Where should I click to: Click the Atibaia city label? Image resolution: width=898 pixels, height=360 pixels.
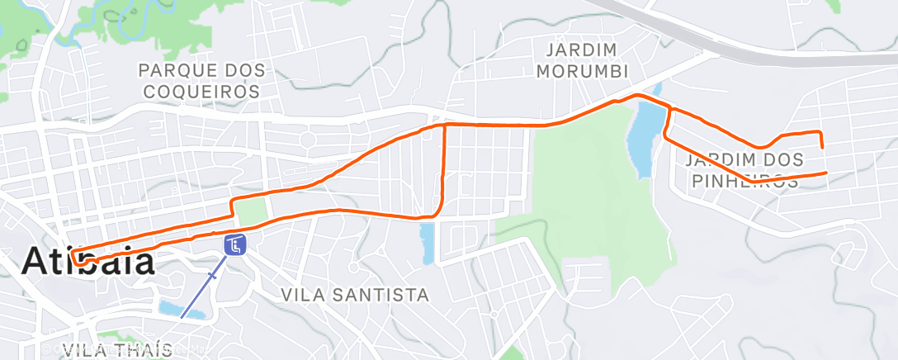pyautogui.click(x=88, y=262)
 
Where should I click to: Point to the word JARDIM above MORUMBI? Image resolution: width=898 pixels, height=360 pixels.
pyautogui.click(x=570, y=49)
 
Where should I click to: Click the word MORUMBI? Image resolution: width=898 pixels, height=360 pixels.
pyautogui.click(x=583, y=70)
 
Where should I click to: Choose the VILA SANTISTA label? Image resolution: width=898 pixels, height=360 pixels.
pyautogui.click(x=355, y=295)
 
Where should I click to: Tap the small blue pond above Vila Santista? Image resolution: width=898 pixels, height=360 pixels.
pyautogui.click(x=426, y=243)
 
